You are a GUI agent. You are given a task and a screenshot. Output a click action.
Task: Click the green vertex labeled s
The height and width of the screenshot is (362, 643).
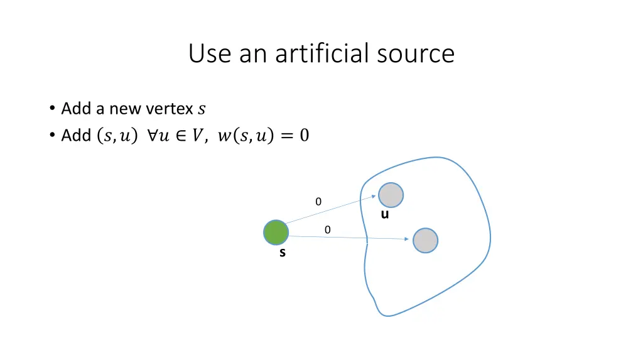coord(276,233)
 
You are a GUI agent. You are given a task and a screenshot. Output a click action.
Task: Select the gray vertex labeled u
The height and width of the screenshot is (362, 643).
coord(391,195)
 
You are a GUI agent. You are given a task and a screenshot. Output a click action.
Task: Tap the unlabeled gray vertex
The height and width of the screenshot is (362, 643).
coord(425,241)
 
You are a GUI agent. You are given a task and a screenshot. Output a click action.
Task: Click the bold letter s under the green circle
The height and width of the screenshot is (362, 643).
coord(283,253)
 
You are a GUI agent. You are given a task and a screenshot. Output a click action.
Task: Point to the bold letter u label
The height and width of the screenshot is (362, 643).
coord(385,214)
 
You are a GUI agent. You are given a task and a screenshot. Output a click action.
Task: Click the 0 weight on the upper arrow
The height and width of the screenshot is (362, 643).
coord(318,202)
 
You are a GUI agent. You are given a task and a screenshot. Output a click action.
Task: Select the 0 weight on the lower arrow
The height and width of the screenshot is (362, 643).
coord(327,230)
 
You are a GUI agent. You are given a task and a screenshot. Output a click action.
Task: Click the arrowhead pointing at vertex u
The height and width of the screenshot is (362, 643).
coord(374,195)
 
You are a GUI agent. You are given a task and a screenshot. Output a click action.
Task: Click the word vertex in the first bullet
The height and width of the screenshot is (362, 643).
coord(169,109)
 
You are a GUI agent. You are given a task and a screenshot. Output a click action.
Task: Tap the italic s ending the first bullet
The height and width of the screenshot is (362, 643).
coord(201,109)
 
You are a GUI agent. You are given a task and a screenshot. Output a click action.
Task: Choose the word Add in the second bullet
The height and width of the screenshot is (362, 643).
coord(76,135)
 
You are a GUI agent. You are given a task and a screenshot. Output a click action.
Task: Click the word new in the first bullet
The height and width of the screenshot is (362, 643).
coord(125,109)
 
